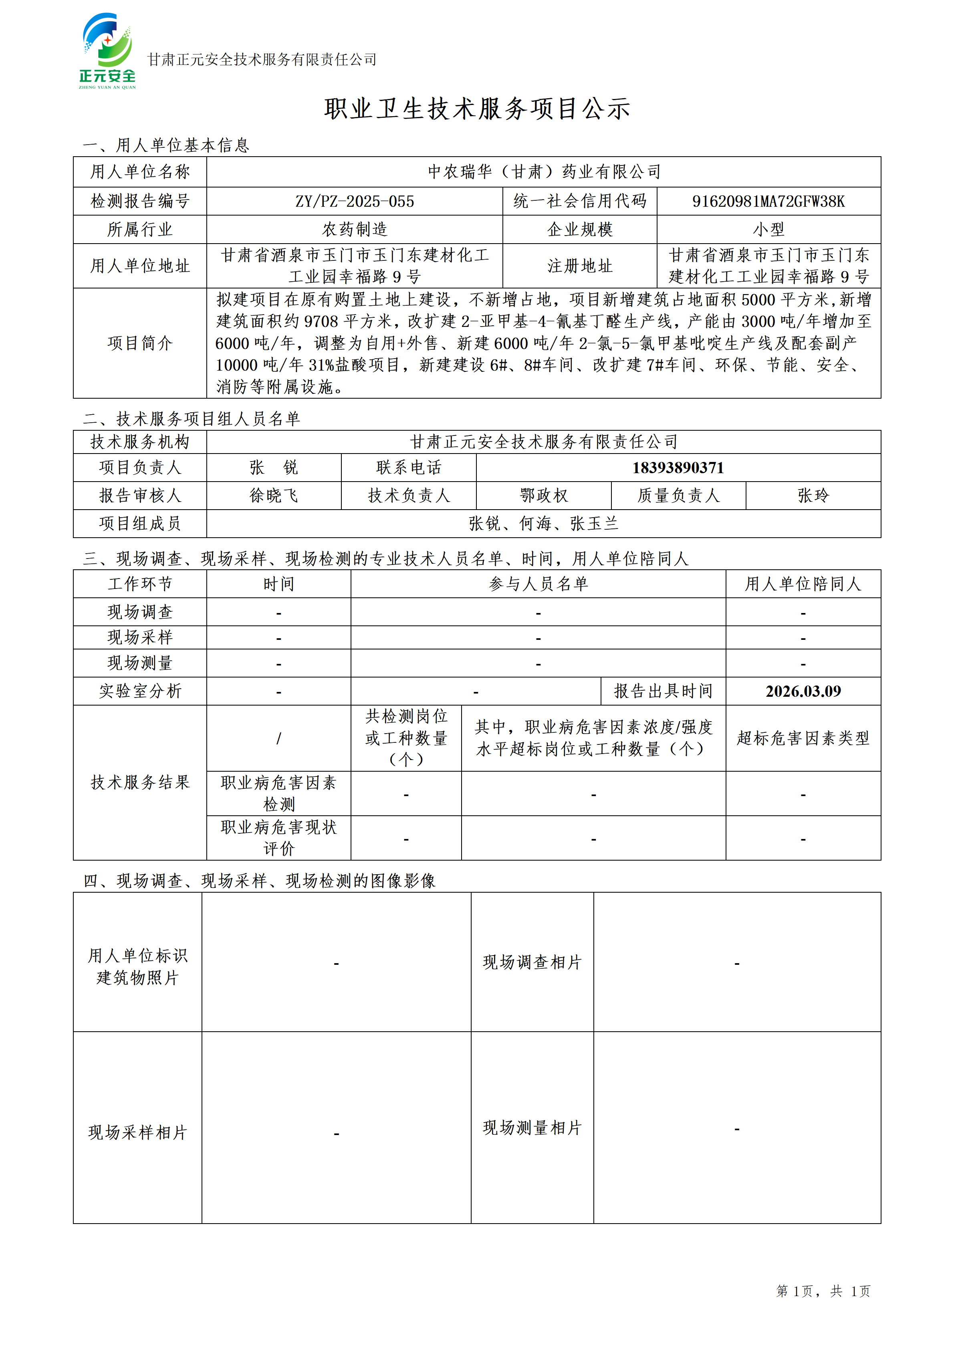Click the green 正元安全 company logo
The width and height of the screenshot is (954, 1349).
[x=107, y=51]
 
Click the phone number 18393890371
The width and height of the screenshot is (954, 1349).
[x=678, y=468]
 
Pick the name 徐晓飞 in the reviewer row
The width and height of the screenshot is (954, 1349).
[x=274, y=495]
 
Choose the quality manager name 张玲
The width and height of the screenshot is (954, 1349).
[x=813, y=495]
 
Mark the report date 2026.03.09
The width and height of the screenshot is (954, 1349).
[x=803, y=691]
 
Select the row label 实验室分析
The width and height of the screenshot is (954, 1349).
[x=140, y=691]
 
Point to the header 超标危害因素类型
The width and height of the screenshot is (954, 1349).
[x=803, y=738]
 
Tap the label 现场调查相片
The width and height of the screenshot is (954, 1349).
[x=532, y=962]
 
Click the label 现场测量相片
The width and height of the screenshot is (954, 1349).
[x=532, y=1127]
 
